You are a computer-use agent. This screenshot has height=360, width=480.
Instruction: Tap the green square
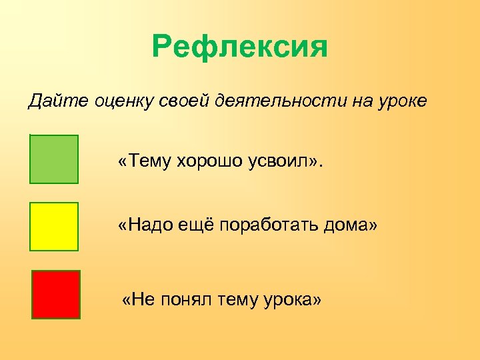pyautogui.click(x=54, y=159)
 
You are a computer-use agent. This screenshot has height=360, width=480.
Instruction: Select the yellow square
pyautogui.click(x=54, y=227)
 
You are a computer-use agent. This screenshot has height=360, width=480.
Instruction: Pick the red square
pyautogui.click(x=55, y=294)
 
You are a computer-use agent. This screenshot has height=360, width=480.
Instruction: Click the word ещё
pyautogui.click(x=196, y=227)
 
